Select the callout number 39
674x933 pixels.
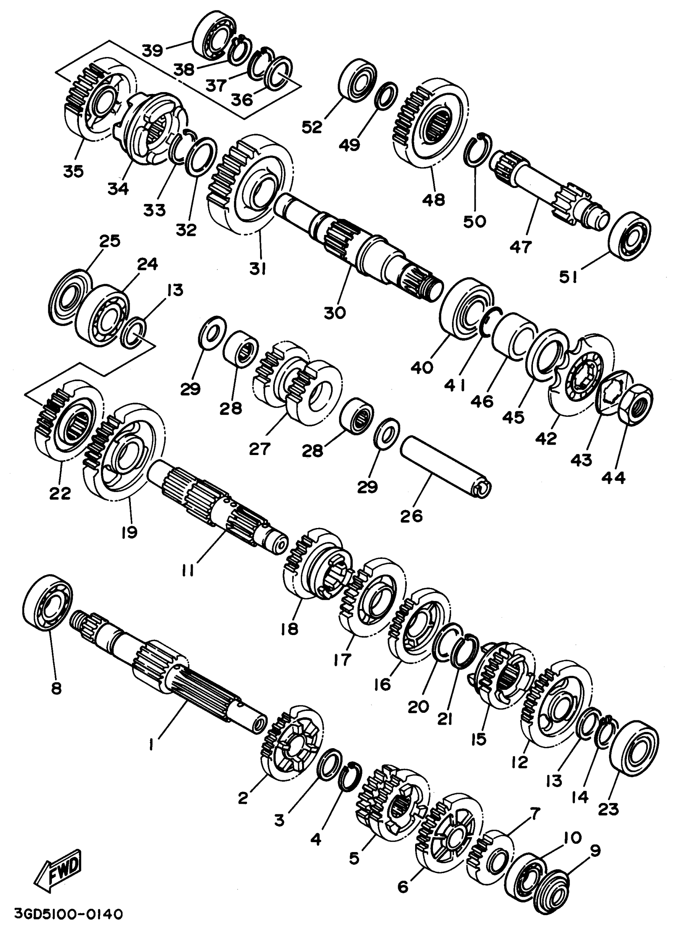coord(153,51)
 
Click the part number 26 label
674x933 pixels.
coord(411,516)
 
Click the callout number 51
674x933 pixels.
coord(569,278)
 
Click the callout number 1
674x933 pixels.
coord(151,744)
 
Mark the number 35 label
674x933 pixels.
coord(73,171)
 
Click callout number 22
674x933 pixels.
coord(60,493)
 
